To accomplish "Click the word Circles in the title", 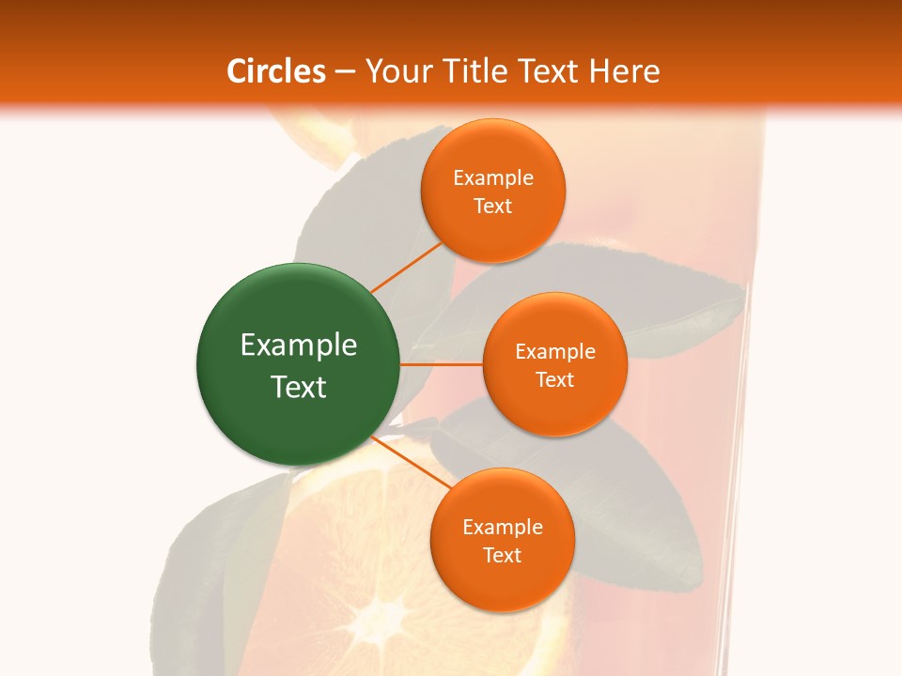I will coord(276,71).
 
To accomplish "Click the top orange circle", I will coord(492,192).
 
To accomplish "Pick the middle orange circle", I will coord(554,364).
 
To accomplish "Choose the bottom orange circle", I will coord(502,540).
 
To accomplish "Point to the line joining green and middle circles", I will coord(442,363).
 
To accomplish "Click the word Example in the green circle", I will coord(299,346).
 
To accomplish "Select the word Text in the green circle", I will coord(299,387).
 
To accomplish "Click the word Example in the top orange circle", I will coord(493,177).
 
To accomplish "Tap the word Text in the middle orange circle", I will coord(554,379).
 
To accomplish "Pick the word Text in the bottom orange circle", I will coord(502,555).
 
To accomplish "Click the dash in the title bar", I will coord(345,71).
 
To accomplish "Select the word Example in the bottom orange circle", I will coord(503,527).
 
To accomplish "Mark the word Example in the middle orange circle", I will coord(555,351).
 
